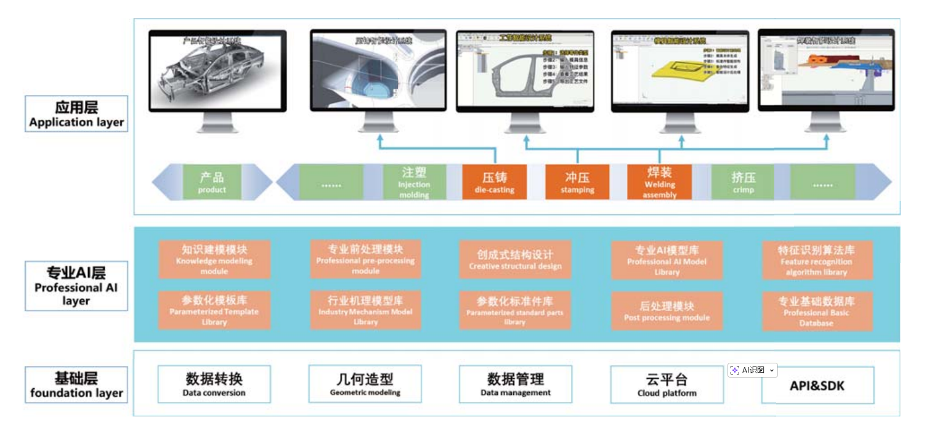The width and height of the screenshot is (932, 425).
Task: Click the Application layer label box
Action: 76,114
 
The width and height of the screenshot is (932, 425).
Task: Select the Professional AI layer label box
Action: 76,286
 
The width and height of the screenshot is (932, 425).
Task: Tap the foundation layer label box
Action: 76,385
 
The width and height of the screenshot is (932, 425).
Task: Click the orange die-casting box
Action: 494,182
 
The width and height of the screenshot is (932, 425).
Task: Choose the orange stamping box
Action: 577,182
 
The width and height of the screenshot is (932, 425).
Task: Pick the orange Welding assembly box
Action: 659,182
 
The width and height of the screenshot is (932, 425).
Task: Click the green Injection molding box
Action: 414,182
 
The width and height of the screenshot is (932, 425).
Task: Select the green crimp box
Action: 743,182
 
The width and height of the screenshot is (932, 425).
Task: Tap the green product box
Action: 212,182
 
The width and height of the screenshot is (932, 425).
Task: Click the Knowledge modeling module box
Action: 214,259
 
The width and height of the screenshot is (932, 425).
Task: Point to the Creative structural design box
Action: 515,259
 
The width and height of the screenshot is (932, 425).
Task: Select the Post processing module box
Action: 667,311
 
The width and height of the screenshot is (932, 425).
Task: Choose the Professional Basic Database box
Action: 816,311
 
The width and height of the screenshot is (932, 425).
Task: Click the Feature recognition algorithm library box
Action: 816,259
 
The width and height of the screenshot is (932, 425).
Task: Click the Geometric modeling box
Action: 365,384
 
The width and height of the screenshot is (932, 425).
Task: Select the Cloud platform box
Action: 667,385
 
